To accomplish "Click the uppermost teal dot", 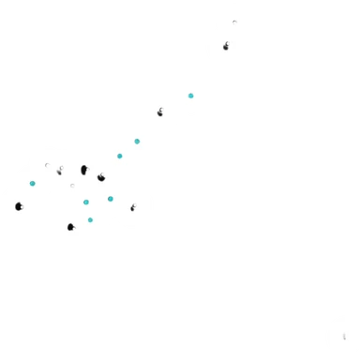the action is pos(190,96).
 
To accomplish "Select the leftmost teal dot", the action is pos(32,183).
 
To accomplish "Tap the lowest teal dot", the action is pos(90,220).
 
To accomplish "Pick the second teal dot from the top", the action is pos(137,142).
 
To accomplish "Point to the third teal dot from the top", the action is pos(119,156).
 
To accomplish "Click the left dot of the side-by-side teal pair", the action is pos(85,202).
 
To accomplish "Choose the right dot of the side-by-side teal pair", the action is pos(110,199).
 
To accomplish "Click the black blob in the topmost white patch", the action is pos(226,46).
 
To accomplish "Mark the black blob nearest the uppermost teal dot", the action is pos(160,112).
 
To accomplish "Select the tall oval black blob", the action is pos(83,170).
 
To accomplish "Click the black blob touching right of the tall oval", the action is pos(100,176).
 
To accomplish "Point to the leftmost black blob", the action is pos(19,206).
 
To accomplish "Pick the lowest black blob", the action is pos(70,227).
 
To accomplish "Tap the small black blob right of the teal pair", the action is pos(133,207).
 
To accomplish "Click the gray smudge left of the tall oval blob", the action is pos(59,172).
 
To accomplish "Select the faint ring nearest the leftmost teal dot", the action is pos(47,166).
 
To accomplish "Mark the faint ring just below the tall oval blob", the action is pos(72,186).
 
